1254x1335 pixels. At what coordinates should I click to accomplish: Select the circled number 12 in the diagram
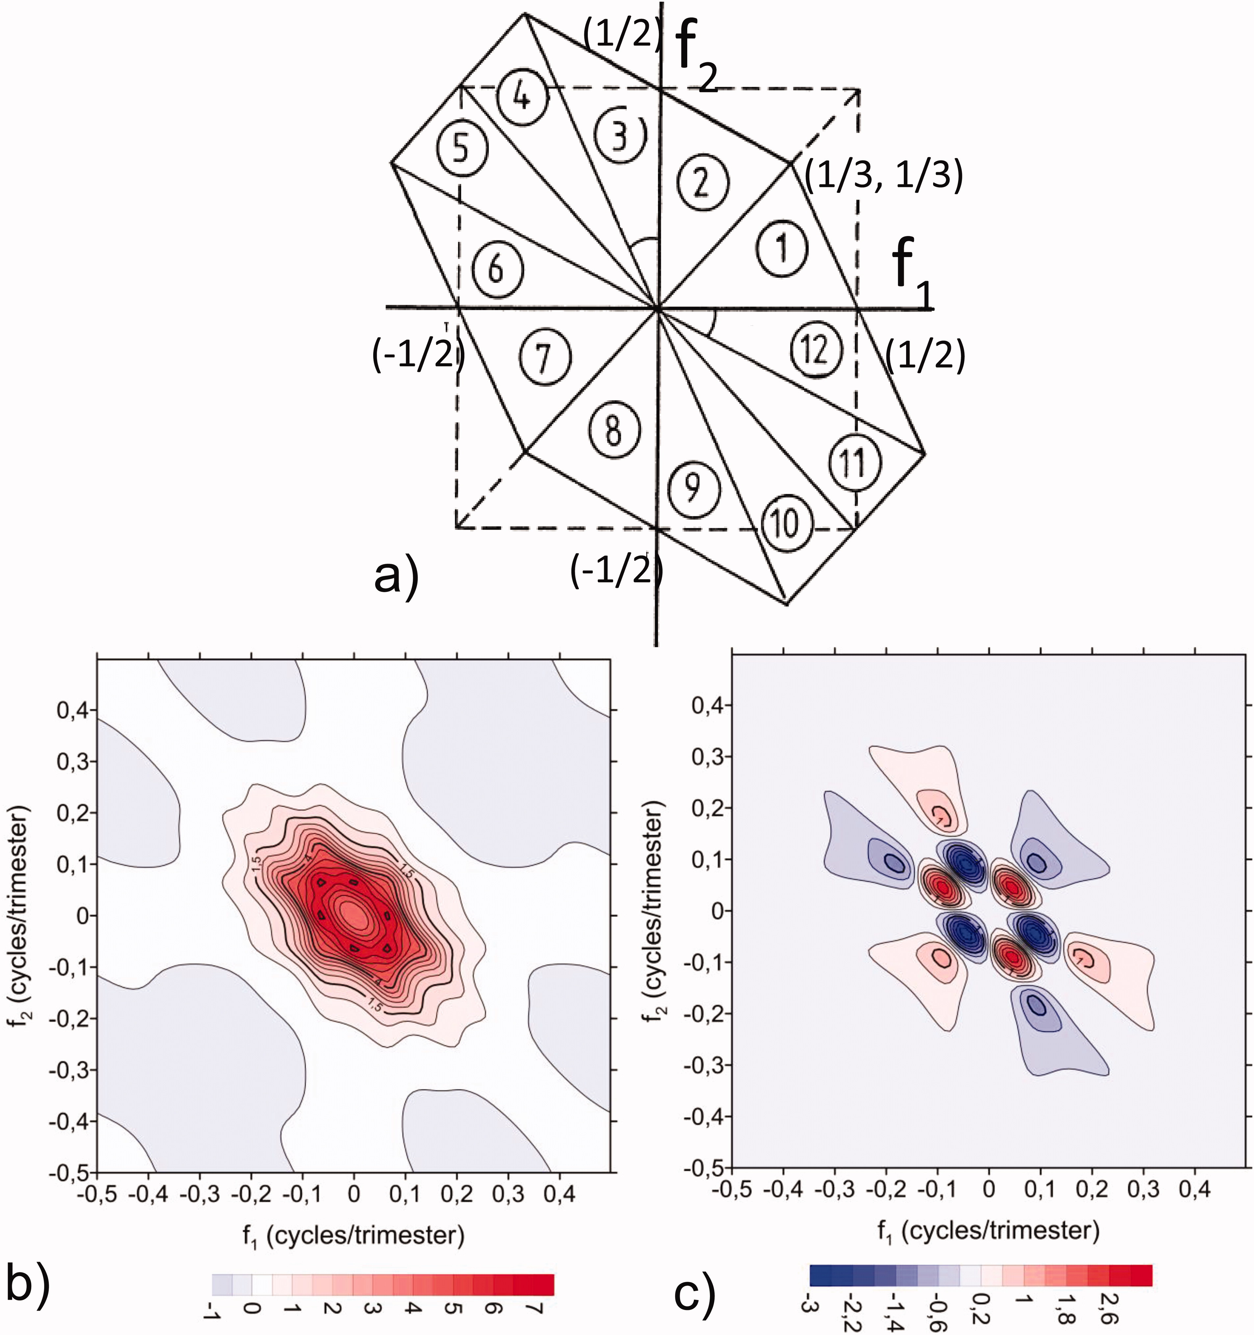pyautogui.click(x=815, y=349)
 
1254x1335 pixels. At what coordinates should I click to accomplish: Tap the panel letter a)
pyautogui.click(x=396, y=577)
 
